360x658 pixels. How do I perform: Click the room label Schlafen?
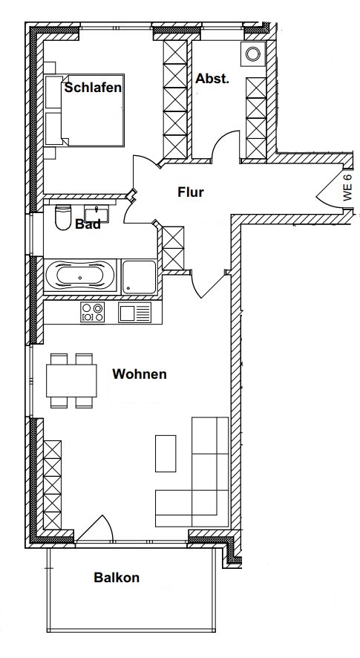(93, 88)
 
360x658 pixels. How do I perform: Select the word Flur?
(191, 192)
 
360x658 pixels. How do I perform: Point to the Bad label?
(88, 225)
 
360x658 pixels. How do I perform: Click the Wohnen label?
(139, 374)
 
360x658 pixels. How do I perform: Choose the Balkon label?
(117, 577)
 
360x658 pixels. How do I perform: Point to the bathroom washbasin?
(98, 213)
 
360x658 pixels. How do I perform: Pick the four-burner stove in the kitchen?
(93, 313)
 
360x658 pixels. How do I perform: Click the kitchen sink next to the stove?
(134, 313)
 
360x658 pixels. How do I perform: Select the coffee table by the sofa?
(166, 452)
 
